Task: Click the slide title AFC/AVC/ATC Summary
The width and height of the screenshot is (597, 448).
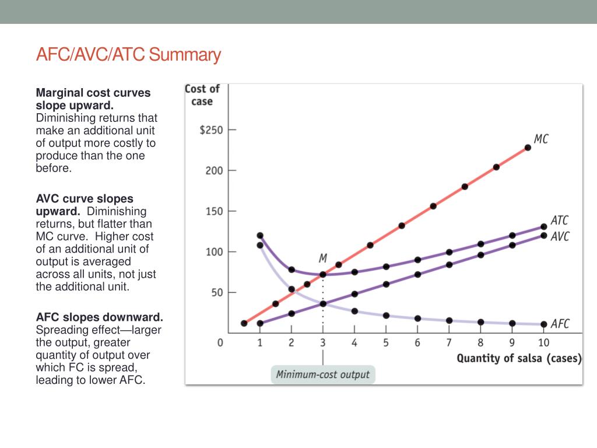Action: (x=128, y=55)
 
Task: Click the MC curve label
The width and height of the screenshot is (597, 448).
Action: (x=541, y=139)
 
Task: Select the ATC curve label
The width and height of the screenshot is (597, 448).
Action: (x=559, y=220)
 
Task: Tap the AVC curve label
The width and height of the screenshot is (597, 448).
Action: (x=560, y=236)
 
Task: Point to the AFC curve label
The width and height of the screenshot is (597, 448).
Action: (x=560, y=324)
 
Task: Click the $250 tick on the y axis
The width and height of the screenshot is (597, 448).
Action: (x=211, y=130)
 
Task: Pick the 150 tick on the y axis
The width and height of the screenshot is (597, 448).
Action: (x=215, y=211)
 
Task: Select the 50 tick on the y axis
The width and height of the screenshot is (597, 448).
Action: (x=217, y=292)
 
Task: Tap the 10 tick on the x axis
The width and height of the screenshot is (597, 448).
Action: (x=543, y=343)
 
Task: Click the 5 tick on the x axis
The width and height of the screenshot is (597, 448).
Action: (x=386, y=343)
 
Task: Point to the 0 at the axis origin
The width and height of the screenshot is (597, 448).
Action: (x=220, y=343)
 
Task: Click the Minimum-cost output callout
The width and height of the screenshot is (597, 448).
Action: (x=323, y=374)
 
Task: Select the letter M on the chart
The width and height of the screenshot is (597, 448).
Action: (x=322, y=258)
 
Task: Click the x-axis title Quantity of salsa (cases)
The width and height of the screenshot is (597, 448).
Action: (x=519, y=358)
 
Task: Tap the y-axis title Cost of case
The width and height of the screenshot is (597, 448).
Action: (x=202, y=95)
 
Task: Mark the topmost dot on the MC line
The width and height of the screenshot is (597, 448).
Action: (x=528, y=148)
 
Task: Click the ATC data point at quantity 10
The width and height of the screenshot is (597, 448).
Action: (x=543, y=227)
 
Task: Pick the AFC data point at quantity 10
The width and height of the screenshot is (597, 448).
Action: (x=543, y=324)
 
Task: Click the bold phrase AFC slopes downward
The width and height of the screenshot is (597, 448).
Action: (x=100, y=317)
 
